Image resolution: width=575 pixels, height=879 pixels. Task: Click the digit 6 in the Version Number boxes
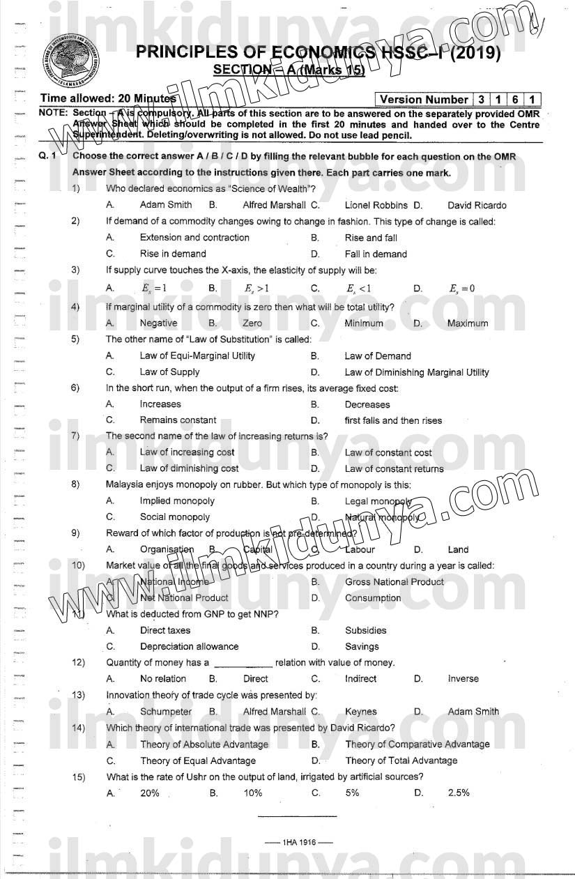(515, 100)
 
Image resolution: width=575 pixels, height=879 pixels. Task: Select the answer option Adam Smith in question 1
(166, 205)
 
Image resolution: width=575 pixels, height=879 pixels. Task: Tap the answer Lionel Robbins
(376, 205)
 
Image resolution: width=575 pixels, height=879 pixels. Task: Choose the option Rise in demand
(173, 254)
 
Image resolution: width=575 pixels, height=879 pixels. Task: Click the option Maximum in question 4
(467, 323)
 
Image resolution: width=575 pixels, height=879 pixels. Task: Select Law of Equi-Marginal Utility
(197, 356)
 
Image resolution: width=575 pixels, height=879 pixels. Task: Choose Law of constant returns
(394, 468)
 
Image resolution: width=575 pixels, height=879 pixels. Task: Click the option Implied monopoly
(177, 500)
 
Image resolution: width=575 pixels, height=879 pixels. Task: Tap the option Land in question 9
(458, 549)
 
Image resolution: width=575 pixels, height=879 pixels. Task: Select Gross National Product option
(394, 581)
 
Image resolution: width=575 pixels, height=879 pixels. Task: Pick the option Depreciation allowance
(189, 646)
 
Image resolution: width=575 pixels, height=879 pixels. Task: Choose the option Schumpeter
(165, 712)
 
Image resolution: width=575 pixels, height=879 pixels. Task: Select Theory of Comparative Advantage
(417, 744)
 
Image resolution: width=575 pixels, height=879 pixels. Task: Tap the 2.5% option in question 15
(459, 793)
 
